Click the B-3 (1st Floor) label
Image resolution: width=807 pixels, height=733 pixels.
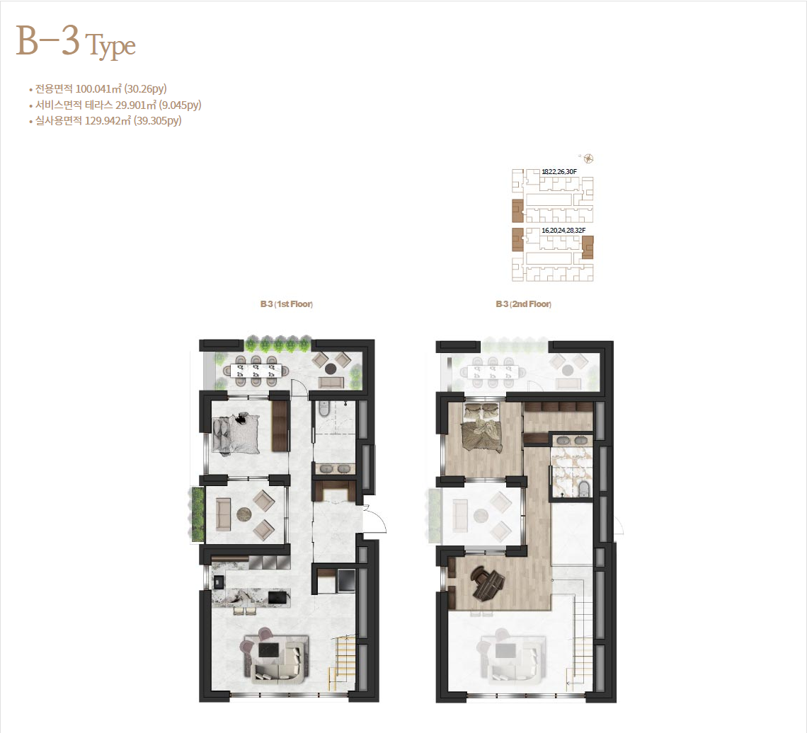tap(287, 304)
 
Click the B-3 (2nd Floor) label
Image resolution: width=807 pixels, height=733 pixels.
tap(523, 304)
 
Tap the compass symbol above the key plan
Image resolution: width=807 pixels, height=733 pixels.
tap(589, 158)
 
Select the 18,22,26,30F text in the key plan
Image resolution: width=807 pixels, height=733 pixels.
tap(559, 171)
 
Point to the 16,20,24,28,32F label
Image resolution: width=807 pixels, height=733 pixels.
tap(563, 231)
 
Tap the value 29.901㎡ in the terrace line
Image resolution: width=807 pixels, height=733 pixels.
tap(136, 105)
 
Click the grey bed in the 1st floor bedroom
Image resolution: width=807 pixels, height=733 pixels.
tap(236, 434)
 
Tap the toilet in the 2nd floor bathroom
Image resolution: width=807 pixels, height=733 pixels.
tap(584, 489)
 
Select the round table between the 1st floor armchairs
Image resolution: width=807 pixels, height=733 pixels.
tap(244, 514)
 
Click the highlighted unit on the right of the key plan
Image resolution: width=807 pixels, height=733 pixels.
tap(588, 248)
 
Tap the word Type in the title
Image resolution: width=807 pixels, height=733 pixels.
tap(110, 46)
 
